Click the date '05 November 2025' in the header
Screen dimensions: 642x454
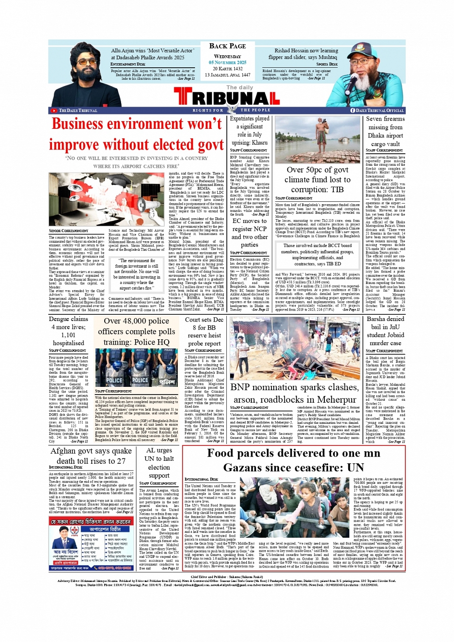pyautogui.click(x=227, y=62)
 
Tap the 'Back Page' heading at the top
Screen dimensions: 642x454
pyautogui.click(x=227, y=46)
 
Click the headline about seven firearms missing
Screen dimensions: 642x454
pyautogui.click(x=385, y=131)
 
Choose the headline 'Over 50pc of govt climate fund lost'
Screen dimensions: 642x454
pyautogui.click(x=317, y=179)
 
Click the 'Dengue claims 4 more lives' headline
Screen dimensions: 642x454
pyautogui.click(x=68, y=331)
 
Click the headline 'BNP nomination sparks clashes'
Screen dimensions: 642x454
pyautogui.click(x=294, y=393)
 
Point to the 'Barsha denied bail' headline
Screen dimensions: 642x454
pyautogui.click(x=385, y=331)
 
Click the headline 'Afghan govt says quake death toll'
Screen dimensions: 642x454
pyautogui.click(x=91, y=456)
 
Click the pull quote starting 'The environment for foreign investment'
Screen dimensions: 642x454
pyautogui.click(x=139, y=274)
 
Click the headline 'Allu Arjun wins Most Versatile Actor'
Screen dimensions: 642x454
pyautogui.click(x=152, y=54)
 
